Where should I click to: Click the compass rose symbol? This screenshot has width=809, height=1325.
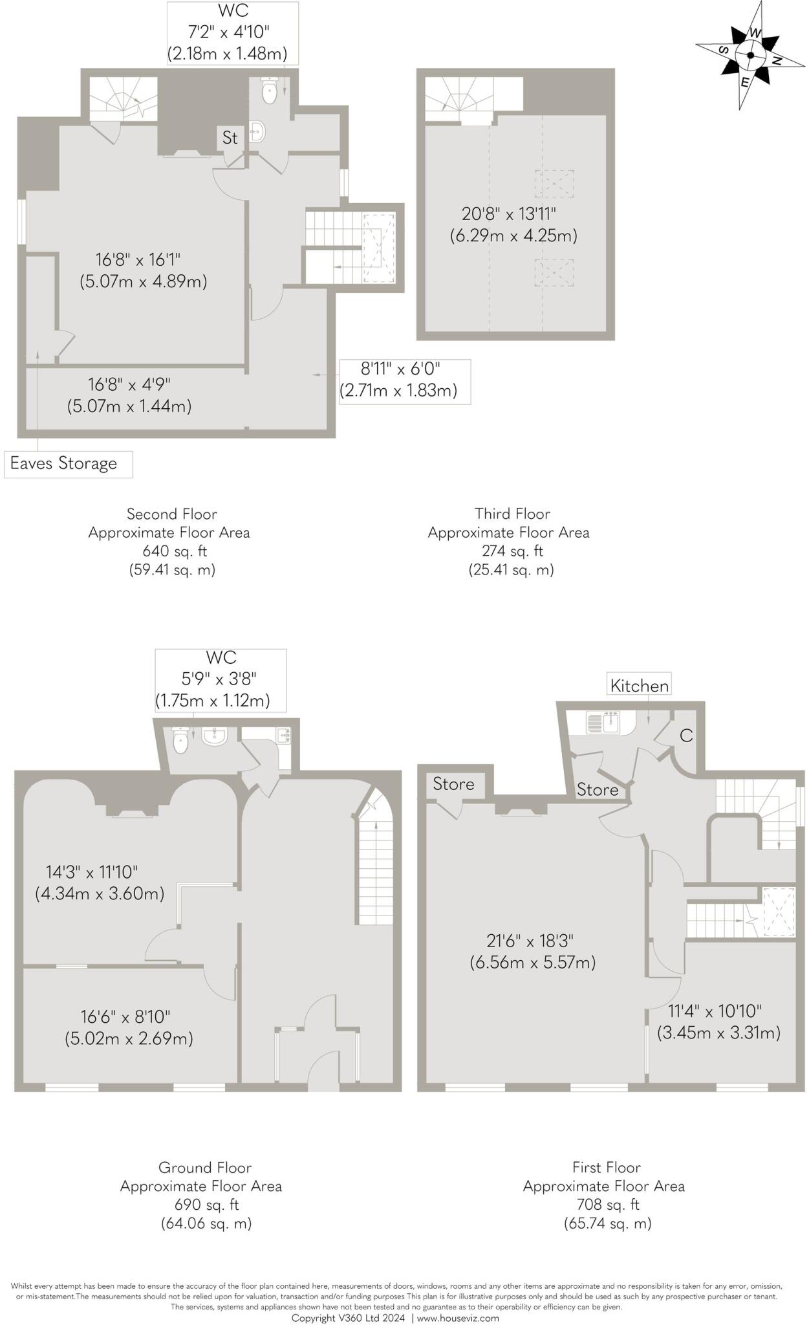point(750,56)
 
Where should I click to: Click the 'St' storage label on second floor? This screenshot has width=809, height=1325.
point(230,138)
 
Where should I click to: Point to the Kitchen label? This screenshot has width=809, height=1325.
point(639,686)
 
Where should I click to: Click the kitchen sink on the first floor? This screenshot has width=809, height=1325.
point(603,723)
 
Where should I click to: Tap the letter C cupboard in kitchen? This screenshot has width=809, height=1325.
point(686,736)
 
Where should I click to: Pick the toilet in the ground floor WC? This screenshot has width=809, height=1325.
point(181,741)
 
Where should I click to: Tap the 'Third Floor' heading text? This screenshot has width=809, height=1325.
point(512,514)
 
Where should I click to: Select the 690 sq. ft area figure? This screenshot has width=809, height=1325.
point(206,1205)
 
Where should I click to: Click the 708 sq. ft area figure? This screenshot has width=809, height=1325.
point(607,1205)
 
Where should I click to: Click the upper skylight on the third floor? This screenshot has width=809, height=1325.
point(554,184)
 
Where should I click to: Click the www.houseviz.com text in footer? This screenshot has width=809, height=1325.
point(457,1318)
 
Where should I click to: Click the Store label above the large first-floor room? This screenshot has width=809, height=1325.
point(453,784)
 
